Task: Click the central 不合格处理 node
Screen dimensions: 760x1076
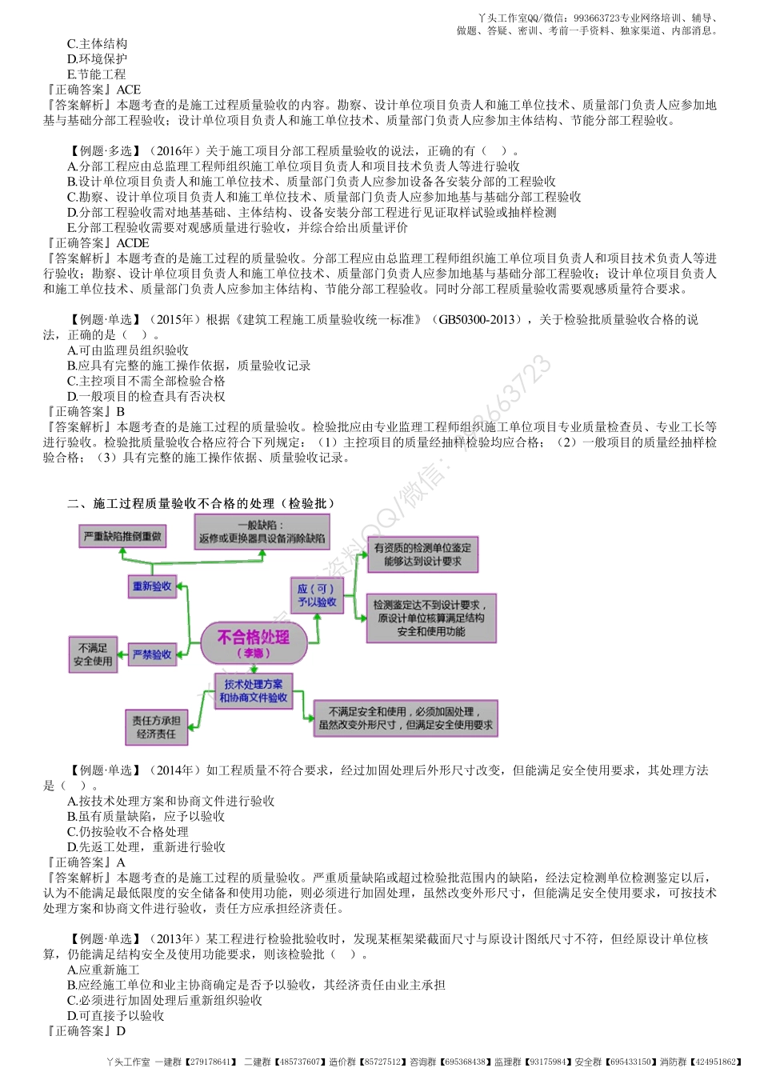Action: (254, 642)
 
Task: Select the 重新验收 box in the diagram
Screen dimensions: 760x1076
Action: (152, 586)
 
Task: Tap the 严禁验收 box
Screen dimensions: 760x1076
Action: (152, 654)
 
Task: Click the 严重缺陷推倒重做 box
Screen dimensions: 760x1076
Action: (123, 536)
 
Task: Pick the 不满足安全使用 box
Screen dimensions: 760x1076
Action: (93, 654)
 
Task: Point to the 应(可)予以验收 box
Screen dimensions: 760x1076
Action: (317, 595)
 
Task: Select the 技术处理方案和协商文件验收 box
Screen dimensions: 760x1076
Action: (254, 691)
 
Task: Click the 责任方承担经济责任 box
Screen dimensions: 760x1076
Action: (156, 727)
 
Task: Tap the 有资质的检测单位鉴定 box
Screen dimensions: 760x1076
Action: (422, 554)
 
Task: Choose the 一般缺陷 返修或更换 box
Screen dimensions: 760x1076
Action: (262, 532)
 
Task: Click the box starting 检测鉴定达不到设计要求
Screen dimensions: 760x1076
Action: (431, 618)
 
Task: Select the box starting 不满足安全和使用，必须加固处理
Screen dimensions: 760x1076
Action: (406, 718)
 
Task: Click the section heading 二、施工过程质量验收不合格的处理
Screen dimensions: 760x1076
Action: (201, 503)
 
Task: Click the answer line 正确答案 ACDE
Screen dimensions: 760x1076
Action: (97, 243)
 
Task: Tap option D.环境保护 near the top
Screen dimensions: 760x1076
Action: (97, 59)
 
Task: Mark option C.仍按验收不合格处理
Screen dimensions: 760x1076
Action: (127, 832)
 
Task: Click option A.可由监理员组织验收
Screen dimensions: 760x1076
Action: (127, 350)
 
